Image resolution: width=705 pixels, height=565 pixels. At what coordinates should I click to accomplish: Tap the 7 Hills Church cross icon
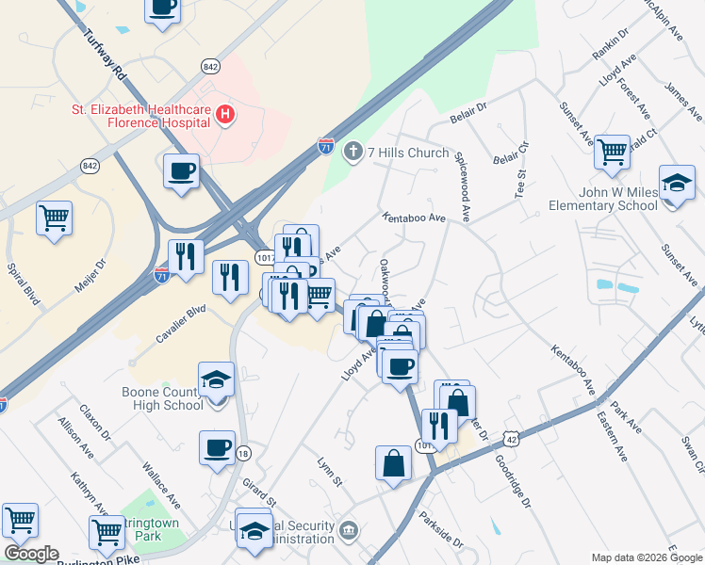point(353,152)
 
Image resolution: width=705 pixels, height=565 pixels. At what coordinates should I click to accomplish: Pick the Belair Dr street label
point(467,109)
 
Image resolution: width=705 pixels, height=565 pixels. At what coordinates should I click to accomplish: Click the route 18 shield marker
point(243,453)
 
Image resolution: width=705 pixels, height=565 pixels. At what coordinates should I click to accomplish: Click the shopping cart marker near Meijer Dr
point(55,218)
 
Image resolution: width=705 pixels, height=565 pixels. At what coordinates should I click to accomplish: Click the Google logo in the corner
point(31,554)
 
